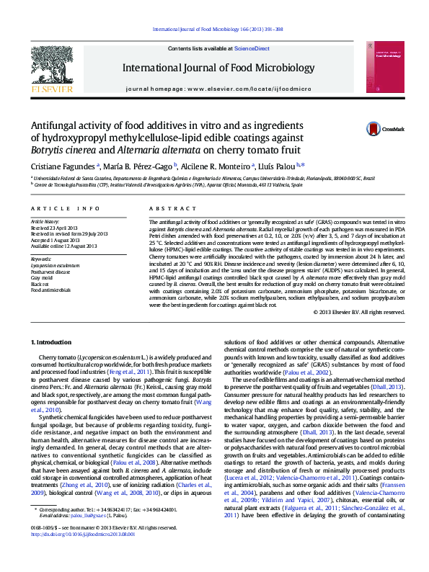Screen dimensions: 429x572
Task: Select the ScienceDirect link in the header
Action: pyautogui.click(x=252, y=48)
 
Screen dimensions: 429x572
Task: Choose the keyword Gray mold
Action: pyautogui.click(x=42, y=277)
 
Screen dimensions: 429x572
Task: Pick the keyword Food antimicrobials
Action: pyautogui.click(x=50, y=290)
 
